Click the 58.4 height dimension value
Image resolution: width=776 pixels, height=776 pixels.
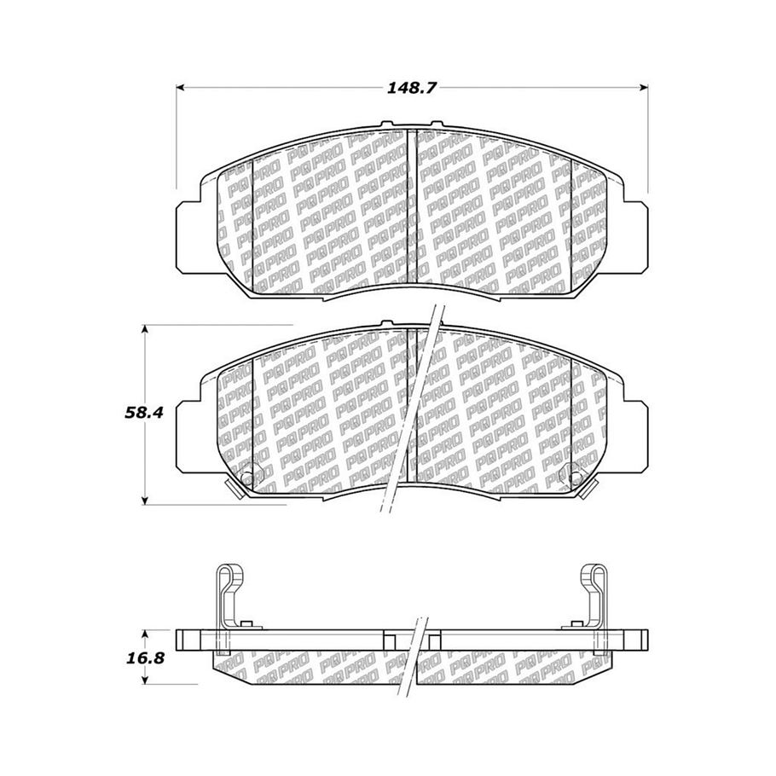143,413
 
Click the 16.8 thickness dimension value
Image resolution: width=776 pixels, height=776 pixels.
143,658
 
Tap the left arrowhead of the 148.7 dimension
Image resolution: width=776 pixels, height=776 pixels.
181,88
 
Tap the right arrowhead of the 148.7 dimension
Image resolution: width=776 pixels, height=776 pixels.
644,88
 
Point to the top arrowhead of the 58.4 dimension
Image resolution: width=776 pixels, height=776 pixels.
144,329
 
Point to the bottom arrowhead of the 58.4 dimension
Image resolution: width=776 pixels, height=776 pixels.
144,501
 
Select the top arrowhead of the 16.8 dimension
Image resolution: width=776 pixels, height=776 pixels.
144,634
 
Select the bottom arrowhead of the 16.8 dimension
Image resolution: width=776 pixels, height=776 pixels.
144,680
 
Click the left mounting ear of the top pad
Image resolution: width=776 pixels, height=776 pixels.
188,237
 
